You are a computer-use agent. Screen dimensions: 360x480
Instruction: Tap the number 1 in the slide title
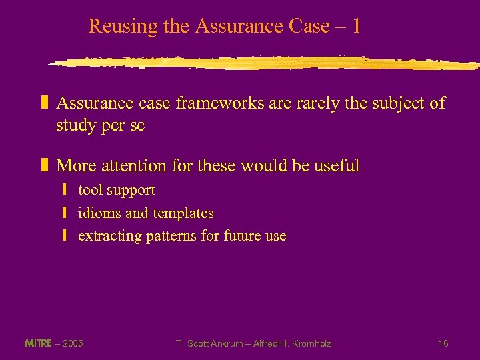[356, 27]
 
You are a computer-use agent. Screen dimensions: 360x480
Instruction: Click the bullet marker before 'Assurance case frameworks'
[45, 103]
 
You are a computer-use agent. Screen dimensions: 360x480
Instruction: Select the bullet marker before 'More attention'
[45, 165]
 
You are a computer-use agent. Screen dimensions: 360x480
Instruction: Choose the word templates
[183, 213]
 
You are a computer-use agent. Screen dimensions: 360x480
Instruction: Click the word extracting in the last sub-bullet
[107, 236]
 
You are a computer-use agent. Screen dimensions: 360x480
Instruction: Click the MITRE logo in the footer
[38, 343]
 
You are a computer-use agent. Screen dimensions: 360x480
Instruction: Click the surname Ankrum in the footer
[227, 343]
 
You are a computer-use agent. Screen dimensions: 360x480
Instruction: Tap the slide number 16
[443, 343]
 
